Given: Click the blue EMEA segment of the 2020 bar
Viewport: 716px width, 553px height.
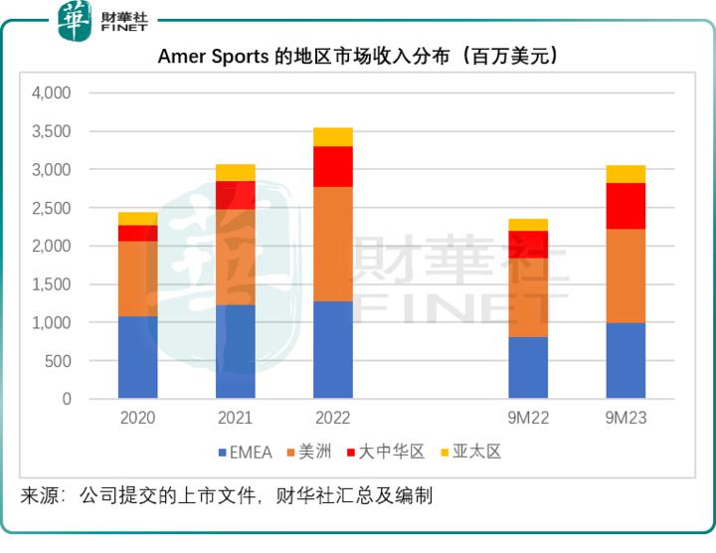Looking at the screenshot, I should (137, 357).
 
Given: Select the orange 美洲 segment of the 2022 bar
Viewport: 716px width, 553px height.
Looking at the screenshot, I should (332, 244).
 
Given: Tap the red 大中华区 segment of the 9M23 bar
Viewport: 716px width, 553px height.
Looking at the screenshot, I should (626, 206).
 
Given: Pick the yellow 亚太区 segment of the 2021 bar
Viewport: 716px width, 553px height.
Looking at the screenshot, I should (235, 172).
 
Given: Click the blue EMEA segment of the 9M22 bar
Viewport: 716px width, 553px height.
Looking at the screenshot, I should (528, 367).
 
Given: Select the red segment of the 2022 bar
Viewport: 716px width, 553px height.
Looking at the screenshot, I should (332, 166).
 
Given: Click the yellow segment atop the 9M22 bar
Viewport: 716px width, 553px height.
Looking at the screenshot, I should (528, 225).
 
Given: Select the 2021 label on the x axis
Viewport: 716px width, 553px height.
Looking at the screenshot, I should (235, 419).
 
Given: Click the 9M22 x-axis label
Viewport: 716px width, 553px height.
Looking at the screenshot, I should (528, 419).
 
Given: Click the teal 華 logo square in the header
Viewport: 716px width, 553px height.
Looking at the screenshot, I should (75, 21).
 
